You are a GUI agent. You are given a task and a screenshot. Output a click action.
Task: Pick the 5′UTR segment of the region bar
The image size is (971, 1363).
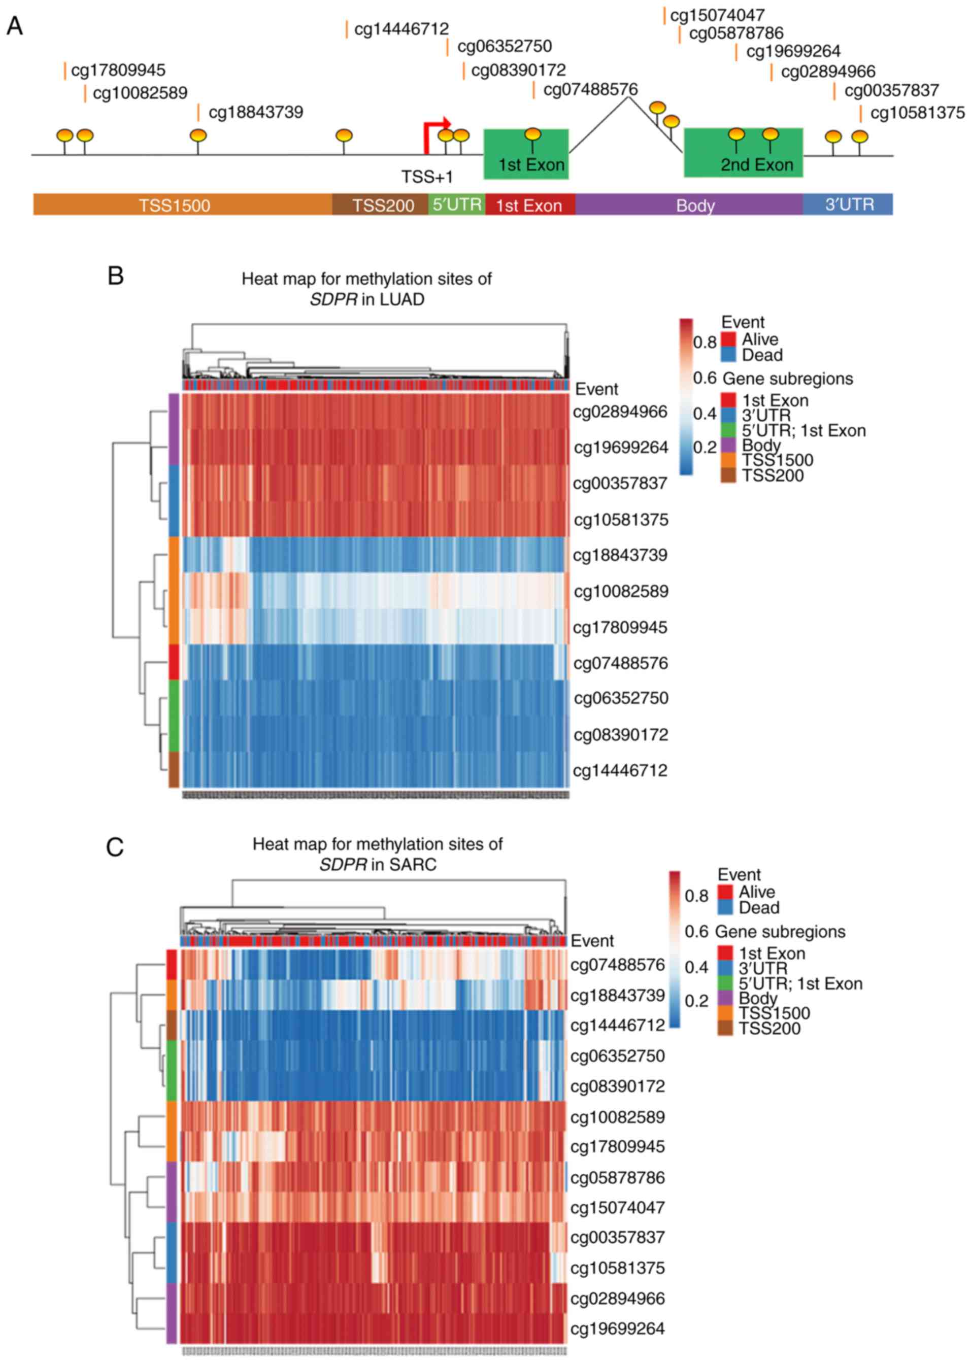[457, 205]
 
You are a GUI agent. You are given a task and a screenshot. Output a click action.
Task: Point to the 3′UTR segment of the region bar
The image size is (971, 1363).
[849, 205]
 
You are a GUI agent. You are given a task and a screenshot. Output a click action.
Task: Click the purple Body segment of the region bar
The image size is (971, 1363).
[695, 205]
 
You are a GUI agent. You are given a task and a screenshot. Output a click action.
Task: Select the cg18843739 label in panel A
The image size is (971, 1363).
[255, 112]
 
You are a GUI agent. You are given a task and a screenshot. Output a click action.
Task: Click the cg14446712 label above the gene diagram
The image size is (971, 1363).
[401, 29]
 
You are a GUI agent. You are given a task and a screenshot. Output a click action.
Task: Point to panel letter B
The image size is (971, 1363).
[115, 276]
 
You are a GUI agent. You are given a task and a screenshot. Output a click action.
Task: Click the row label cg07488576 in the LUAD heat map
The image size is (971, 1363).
[620, 662]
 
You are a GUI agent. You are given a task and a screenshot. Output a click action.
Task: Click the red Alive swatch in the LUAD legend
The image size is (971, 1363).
[728, 339]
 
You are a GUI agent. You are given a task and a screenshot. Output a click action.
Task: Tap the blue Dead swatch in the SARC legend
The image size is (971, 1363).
[725, 907]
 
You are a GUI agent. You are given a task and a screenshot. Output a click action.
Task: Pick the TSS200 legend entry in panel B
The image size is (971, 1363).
[773, 475]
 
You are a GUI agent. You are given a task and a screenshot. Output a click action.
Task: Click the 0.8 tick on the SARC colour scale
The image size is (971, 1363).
[696, 896]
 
